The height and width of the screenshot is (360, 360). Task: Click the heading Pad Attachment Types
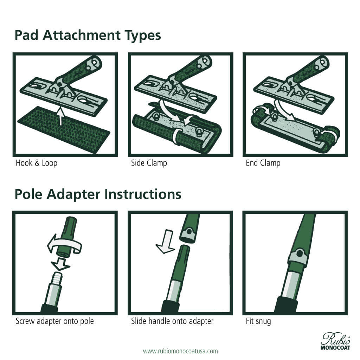(x=88, y=36)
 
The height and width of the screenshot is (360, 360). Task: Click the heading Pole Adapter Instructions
(x=98, y=194)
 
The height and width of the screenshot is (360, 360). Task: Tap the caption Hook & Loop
(x=36, y=163)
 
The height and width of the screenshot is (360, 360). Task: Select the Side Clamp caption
(x=149, y=163)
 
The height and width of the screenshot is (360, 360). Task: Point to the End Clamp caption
(x=263, y=163)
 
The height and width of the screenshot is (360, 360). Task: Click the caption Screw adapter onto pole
(x=55, y=321)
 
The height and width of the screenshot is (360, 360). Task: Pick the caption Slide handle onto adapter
(x=172, y=321)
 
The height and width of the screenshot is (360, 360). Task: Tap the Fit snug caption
(x=258, y=321)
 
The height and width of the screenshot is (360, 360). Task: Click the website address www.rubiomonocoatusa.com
(x=180, y=351)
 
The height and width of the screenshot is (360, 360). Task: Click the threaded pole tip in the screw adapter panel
(x=57, y=276)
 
